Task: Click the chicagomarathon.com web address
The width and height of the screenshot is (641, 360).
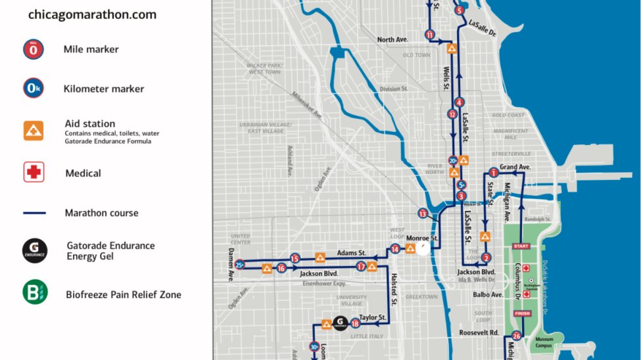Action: pos(92,14)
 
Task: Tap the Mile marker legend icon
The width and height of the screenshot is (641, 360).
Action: pos(34,49)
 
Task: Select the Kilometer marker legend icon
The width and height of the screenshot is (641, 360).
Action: pos(34,89)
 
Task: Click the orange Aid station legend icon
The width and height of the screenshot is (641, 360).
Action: pos(34,130)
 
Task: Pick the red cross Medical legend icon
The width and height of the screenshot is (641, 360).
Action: pos(34,173)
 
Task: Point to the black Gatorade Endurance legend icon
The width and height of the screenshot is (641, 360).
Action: pos(35,250)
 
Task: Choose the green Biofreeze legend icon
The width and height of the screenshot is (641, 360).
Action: pos(35,292)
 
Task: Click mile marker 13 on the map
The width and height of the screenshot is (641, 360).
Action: pos(423,214)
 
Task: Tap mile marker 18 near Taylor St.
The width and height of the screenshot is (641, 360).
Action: pos(356,323)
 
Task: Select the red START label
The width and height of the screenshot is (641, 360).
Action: pos(521,246)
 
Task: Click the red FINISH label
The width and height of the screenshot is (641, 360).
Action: pos(522,313)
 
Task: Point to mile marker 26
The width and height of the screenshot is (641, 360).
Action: pos(516,337)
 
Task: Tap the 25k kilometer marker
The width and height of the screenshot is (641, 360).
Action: pos(240,265)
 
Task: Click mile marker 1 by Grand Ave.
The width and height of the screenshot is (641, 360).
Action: pos(493,173)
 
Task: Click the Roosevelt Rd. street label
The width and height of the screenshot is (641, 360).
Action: pos(479,332)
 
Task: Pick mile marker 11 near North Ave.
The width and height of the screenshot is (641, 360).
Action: pos(430,35)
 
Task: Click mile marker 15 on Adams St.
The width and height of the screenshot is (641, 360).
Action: pos(295,259)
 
